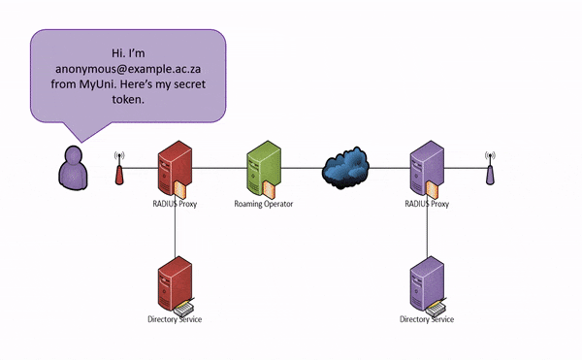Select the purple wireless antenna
click(x=489, y=169)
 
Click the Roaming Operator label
click(x=263, y=205)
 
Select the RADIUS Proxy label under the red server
click(x=175, y=205)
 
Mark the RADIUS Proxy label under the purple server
click(x=427, y=205)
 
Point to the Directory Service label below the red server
click(x=175, y=319)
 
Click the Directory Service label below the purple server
click(x=427, y=319)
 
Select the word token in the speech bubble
click(x=127, y=100)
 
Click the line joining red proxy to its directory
click(x=175, y=233)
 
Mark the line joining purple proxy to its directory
click(x=427, y=233)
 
